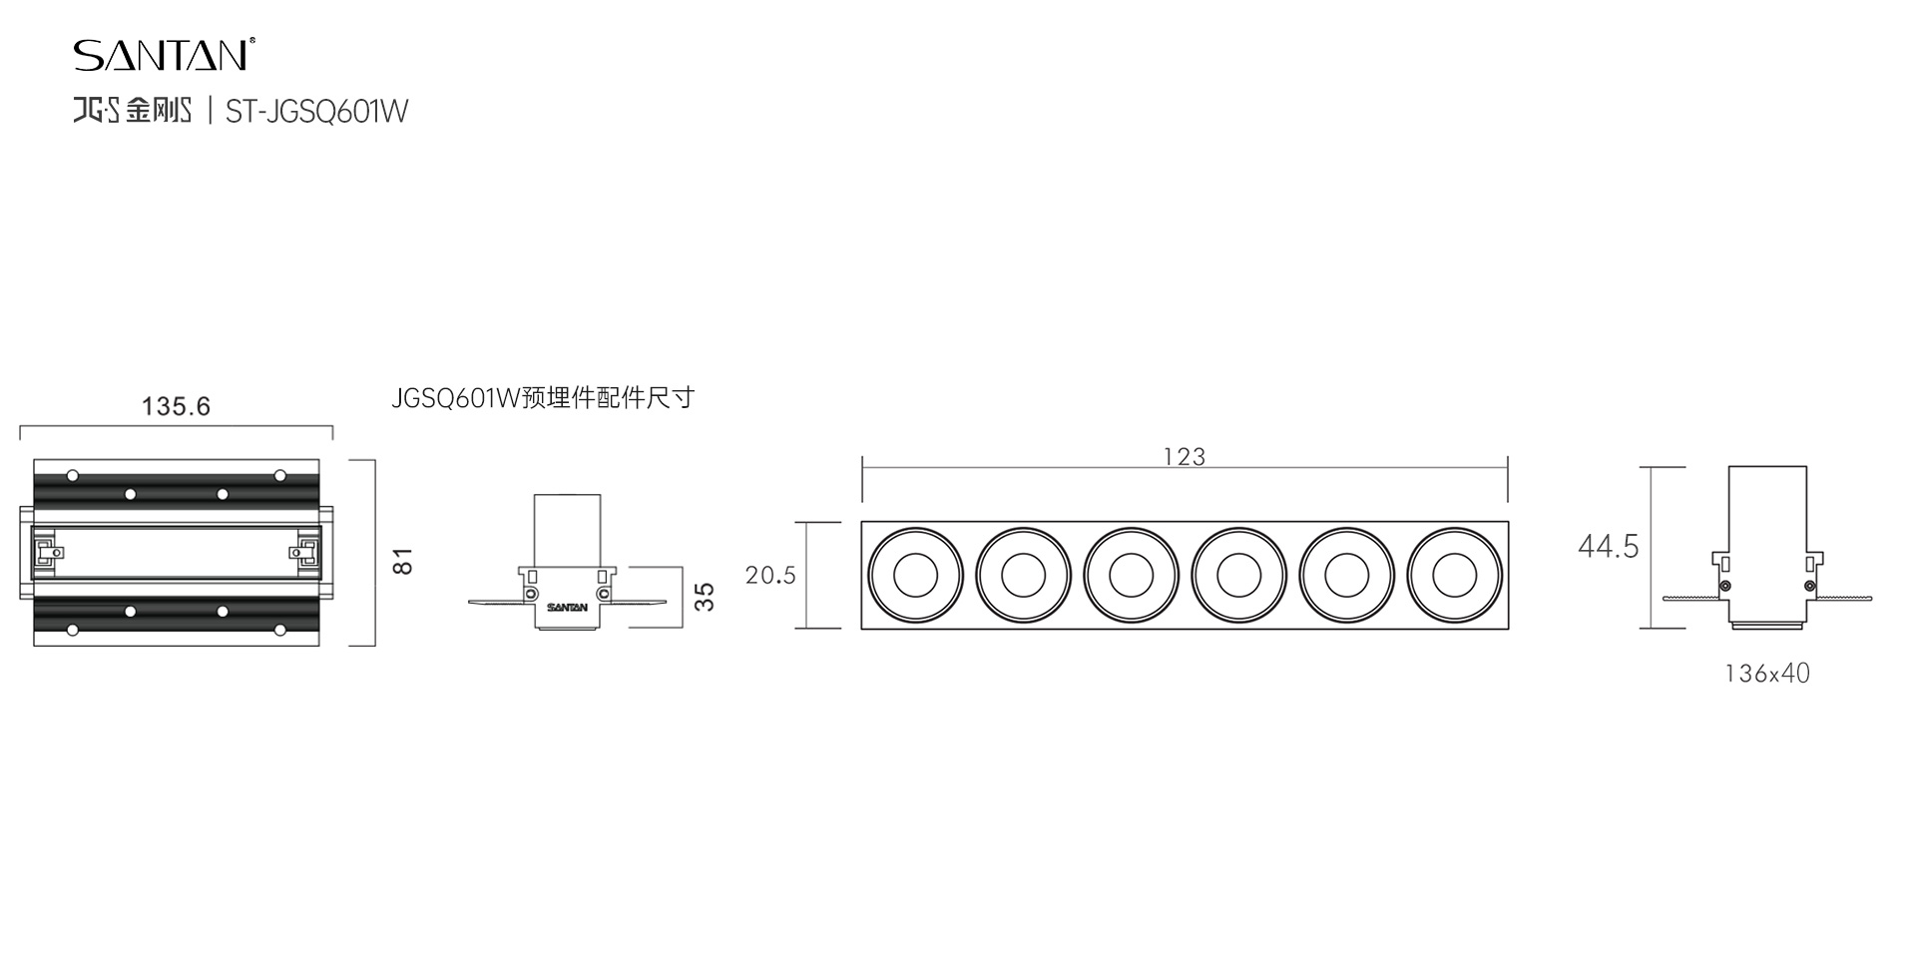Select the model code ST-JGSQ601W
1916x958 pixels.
[x=317, y=111]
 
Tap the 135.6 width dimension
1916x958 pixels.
[x=176, y=406]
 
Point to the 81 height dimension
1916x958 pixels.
[x=402, y=561]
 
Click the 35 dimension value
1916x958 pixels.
[x=705, y=597]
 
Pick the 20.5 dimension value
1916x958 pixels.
[x=770, y=575]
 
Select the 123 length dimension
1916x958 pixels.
[x=1185, y=457]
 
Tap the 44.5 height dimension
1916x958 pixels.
[x=1608, y=546]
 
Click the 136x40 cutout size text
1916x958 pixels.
[x=1767, y=674]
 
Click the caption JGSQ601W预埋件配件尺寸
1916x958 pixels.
[x=543, y=398]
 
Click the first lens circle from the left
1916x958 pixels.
[x=915, y=576]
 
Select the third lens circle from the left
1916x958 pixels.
[x=1131, y=576]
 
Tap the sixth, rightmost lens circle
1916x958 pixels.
[x=1454, y=576]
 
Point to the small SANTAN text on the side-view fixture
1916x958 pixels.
[x=567, y=607]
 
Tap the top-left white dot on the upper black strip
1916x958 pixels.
[x=73, y=475]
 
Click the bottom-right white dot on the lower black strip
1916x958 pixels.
[x=280, y=630]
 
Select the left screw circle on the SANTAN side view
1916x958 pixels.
[x=531, y=595]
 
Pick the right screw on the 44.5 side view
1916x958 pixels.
[x=1809, y=586]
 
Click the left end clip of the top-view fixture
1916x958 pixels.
[x=45, y=552]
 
